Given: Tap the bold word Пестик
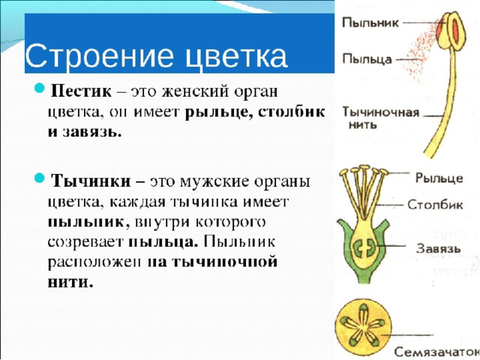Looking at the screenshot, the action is [x=81, y=91].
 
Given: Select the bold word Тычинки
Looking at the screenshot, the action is [x=91, y=181].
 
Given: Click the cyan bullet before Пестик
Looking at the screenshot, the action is [x=40, y=88].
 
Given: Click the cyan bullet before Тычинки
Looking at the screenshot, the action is [x=40, y=178].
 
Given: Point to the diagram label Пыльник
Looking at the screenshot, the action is [x=370, y=22].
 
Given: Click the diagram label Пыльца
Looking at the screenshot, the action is [x=367, y=58].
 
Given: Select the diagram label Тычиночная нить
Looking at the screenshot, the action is [x=380, y=118].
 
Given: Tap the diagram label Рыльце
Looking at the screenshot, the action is [x=439, y=178].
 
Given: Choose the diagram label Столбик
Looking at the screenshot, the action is [x=435, y=205].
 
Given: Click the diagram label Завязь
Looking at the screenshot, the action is [x=439, y=248].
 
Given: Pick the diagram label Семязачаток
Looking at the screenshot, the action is [x=436, y=352].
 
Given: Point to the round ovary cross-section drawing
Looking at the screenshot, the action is [x=363, y=325].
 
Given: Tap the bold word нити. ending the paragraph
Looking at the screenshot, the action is [x=70, y=282].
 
